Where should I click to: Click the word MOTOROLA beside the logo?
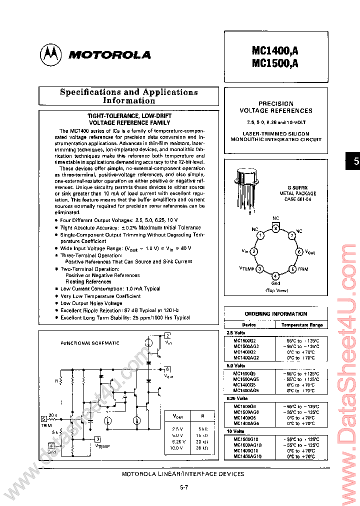(x=109, y=55)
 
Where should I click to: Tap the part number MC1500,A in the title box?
(x=275, y=63)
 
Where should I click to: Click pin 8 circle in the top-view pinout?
(x=275, y=228)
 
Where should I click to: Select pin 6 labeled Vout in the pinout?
(x=299, y=252)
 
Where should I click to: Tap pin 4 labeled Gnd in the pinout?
(x=275, y=275)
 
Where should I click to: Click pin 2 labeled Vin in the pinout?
(x=253, y=252)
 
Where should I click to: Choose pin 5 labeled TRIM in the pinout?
(x=292, y=269)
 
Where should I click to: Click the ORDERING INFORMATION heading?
(x=276, y=314)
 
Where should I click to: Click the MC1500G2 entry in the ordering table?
(x=245, y=340)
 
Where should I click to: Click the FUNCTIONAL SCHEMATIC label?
(x=90, y=343)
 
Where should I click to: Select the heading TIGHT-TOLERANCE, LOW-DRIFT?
(x=129, y=115)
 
